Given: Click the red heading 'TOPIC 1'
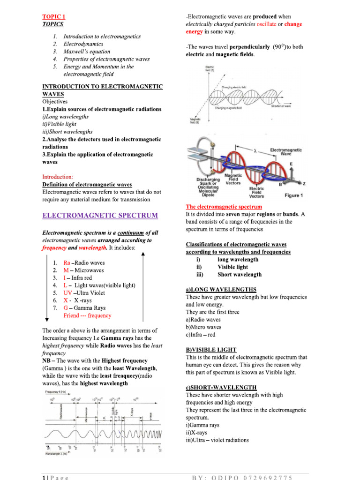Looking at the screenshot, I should pyautogui.click(x=52, y=16).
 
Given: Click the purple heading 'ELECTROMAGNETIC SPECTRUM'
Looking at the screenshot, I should pyautogui.click(x=100, y=216).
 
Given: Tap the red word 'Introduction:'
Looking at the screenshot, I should pyautogui.click(x=58, y=177).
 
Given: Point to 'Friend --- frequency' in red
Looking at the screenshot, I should pyautogui.click(x=87, y=315).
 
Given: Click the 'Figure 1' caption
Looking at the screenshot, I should pyautogui.click(x=294, y=195).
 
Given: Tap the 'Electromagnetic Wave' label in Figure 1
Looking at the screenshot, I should pyautogui.click(x=285, y=151).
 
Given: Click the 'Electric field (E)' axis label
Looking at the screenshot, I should pyautogui.click(x=210, y=69).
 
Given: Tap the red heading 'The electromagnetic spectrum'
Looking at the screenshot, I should pyautogui.click(x=224, y=207).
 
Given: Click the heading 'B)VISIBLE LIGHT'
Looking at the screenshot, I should pyautogui.click(x=211, y=350).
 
